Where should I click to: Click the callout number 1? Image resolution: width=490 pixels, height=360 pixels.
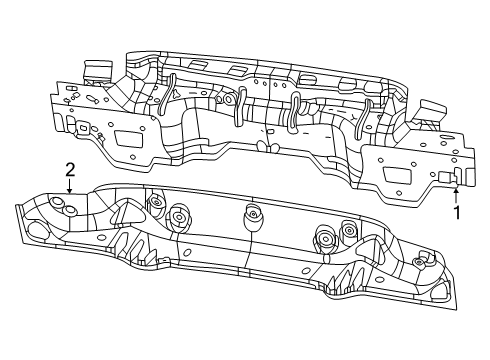(x=457, y=212)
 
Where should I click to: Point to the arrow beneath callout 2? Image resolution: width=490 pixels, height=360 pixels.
(x=70, y=185)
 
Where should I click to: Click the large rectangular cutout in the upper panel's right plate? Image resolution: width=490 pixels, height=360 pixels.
(x=396, y=176)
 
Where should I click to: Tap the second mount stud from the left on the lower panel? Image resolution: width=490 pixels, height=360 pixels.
(x=181, y=215)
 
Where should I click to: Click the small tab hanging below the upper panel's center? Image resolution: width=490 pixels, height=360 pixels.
(x=262, y=147)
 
